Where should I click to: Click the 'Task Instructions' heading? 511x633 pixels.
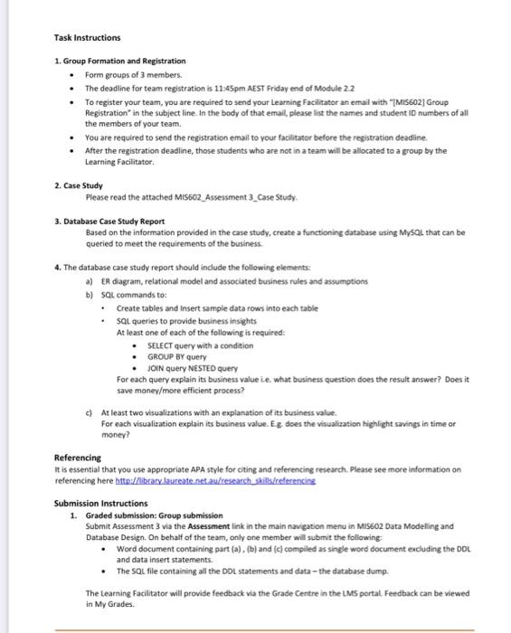point(87,38)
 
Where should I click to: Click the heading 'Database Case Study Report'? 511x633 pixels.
point(114,221)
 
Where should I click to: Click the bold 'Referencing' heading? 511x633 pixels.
point(78,458)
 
